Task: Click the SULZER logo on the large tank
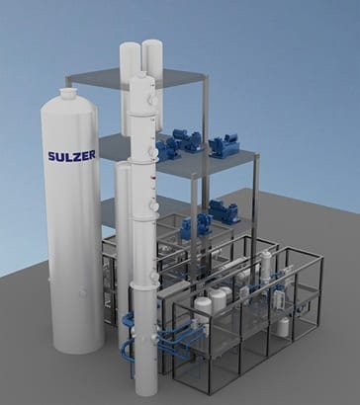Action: point(72,155)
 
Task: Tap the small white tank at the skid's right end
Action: point(284,323)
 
